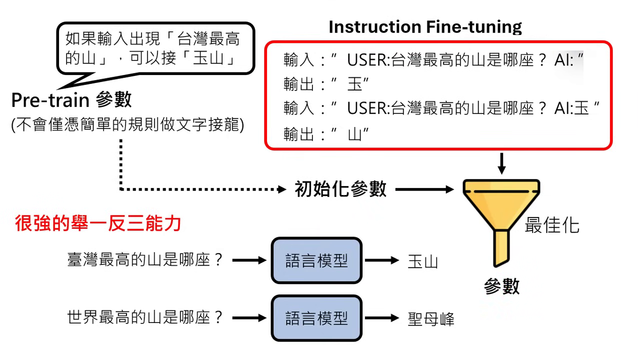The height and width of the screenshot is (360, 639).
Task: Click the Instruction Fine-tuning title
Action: (x=425, y=26)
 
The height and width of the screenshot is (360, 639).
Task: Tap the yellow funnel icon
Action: (x=501, y=215)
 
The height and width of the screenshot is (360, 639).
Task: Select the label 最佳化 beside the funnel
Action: (x=551, y=225)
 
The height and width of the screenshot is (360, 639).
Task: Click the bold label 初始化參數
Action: (x=340, y=189)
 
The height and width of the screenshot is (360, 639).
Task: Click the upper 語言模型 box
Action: (x=316, y=260)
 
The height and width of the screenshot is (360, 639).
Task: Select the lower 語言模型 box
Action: (x=316, y=318)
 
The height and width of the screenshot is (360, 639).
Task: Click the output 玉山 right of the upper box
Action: (x=422, y=261)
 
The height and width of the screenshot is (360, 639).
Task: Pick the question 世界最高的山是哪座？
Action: (x=145, y=317)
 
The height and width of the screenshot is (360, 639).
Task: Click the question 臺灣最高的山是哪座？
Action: (x=145, y=260)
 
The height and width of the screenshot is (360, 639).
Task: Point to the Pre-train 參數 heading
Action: (x=71, y=99)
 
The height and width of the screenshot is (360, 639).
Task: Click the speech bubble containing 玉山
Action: (x=154, y=48)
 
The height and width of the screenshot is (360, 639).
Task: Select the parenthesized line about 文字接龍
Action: (x=127, y=125)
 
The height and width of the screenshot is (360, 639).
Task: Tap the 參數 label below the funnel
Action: (x=501, y=286)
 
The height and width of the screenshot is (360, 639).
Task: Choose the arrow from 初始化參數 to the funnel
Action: (x=424, y=189)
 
